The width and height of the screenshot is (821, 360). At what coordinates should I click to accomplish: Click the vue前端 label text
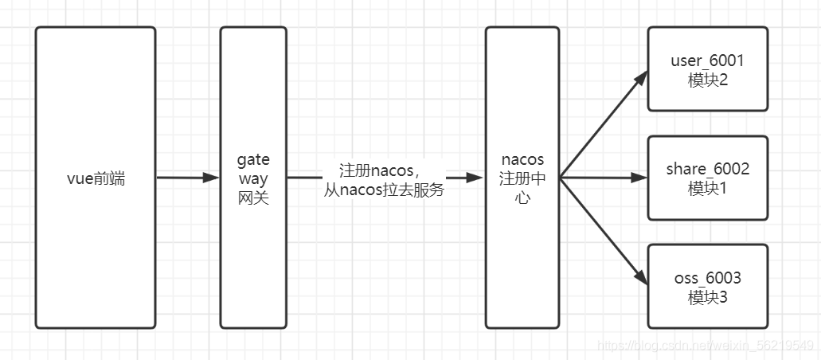pos(96,178)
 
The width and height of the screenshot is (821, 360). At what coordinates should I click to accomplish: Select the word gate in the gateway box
pos(253,160)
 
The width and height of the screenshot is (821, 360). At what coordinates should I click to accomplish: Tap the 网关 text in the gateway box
pos(253,198)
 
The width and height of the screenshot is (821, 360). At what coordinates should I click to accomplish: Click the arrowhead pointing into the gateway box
pos(211,178)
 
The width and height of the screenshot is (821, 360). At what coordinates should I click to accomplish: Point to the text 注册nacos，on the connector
pos(379,171)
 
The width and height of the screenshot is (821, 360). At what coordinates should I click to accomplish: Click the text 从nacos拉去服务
pos(384,191)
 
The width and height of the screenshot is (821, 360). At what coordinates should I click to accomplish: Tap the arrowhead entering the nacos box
pos(476,178)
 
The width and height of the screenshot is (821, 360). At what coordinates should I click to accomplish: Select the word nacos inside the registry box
pos(522,160)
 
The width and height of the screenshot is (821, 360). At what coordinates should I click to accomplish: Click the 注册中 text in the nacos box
pos(522,179)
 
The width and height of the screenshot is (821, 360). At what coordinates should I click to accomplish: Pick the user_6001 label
pos(707,61)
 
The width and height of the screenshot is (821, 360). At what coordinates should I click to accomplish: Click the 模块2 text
pos(707,80)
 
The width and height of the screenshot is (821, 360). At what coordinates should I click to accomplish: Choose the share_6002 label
pos(707,169)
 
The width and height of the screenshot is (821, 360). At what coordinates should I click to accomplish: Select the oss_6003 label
pos(707,278)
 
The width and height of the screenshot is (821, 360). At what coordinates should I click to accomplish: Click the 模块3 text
pos(707,297)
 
